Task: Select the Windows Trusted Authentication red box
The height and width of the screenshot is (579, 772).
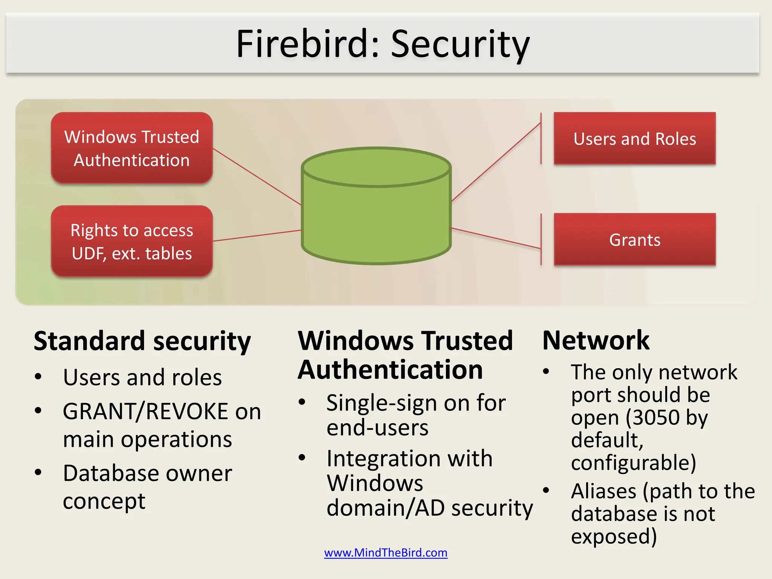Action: (132, 148)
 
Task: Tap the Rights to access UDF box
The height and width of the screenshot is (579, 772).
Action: (132, 241)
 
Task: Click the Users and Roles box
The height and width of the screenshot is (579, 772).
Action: (634, 138)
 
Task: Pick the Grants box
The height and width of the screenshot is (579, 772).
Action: (634, 239)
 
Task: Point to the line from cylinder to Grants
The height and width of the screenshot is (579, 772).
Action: (496, 238)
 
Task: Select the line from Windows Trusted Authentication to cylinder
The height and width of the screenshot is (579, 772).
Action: (256, 176)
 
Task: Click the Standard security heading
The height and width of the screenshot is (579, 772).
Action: (142, 341)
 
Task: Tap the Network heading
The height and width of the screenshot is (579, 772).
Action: (596, 340)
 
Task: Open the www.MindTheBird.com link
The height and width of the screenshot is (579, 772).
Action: (386, 553)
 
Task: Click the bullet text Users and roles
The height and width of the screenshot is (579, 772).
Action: (142, 377)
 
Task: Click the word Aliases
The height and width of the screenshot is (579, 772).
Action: (604, 491)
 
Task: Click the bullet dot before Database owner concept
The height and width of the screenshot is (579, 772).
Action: (38, 472)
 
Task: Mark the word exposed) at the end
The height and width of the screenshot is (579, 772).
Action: (614, 536)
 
